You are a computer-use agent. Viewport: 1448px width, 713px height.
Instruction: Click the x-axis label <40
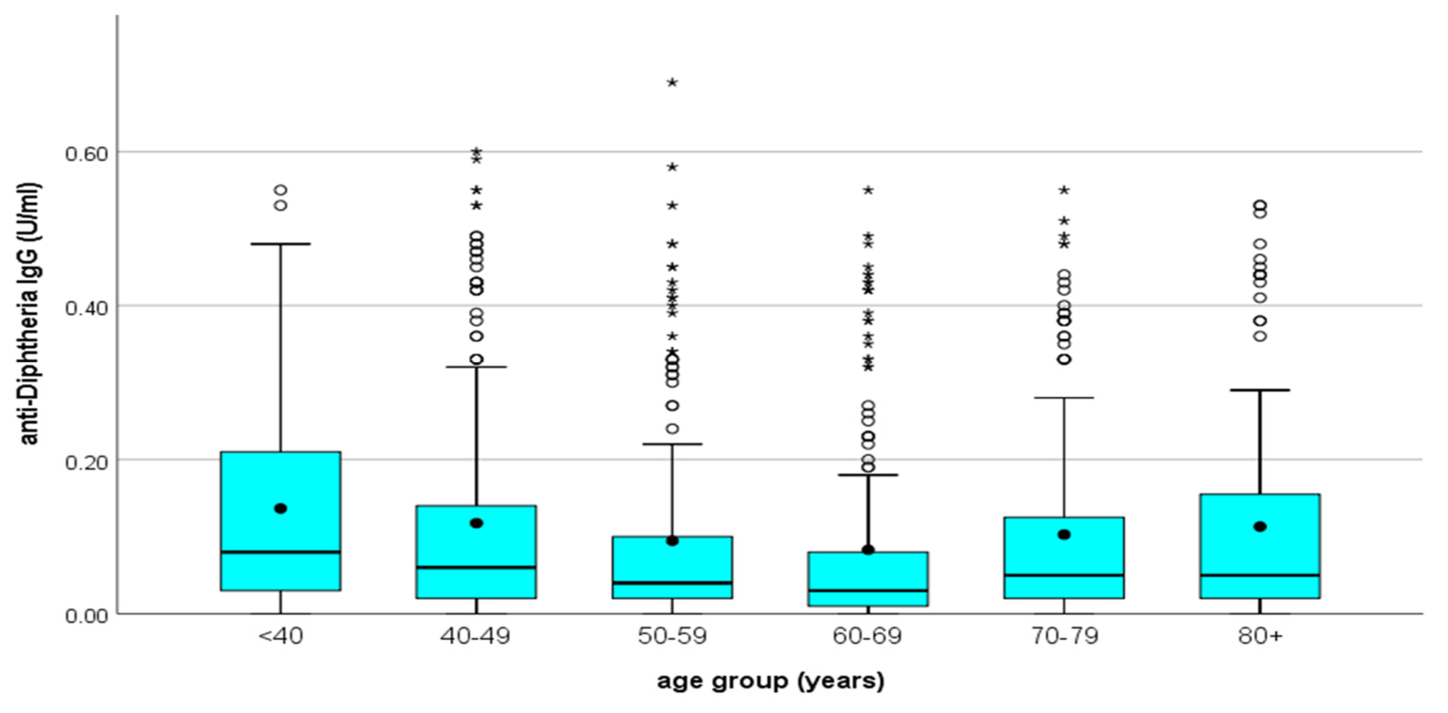281,636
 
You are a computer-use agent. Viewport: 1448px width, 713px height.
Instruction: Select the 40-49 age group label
475,636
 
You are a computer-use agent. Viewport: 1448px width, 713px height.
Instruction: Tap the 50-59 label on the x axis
672,636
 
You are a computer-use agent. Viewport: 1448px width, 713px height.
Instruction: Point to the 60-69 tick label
867,636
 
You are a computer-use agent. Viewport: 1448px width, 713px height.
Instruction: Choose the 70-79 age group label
1064,636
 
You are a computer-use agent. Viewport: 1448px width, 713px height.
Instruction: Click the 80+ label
1260,636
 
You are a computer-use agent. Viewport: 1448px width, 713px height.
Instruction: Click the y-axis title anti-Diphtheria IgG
29,313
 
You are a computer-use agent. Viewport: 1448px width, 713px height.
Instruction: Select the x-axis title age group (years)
770,681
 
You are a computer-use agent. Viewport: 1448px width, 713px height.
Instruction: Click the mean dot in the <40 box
281,508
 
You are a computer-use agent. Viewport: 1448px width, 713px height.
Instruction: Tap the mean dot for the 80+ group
1260,526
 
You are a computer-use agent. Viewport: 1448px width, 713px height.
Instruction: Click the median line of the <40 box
281,552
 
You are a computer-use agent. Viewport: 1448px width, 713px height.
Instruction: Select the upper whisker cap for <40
281,244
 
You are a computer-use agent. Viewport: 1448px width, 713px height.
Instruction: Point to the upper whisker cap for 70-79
1064,397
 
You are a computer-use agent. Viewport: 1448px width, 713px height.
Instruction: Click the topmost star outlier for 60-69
868,190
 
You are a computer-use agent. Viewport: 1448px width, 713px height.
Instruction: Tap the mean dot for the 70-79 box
1064,534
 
